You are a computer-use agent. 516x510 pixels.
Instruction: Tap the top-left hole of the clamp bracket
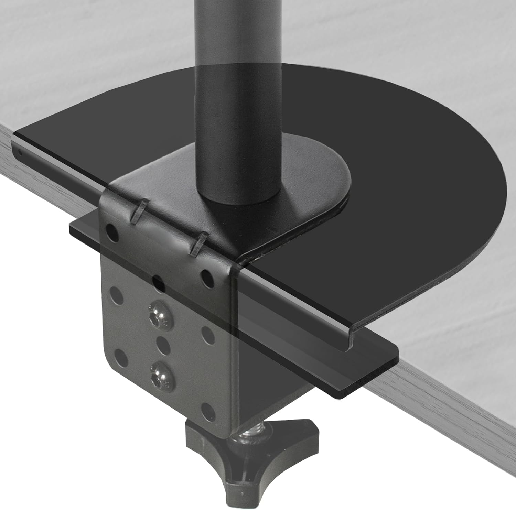(112, 232)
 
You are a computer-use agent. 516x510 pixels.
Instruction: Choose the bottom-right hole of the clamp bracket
(207, 409)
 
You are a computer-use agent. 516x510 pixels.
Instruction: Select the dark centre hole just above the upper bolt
(158, 283)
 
